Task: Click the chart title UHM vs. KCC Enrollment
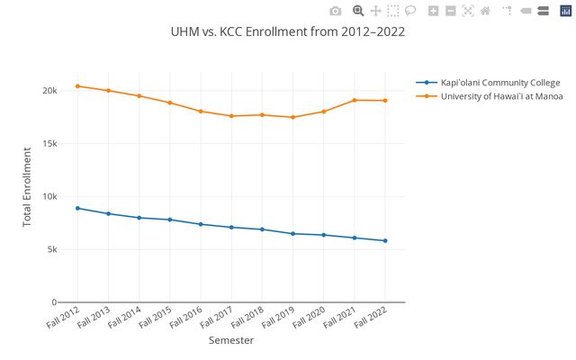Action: [287, 31]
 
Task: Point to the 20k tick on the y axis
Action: [48, 91]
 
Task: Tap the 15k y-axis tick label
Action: [48, 144]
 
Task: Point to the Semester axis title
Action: [231, 341]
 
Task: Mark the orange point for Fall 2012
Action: [77, 86]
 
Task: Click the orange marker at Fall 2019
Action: [292, 117]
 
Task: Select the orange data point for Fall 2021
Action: [354, 100]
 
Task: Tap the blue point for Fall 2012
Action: [77, 208]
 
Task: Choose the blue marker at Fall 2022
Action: [385, 240]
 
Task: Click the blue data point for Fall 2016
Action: [201, 224]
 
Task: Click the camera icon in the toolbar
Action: [335, 11]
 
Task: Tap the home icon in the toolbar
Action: [485, 11]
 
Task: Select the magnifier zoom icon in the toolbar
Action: [357, 11]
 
